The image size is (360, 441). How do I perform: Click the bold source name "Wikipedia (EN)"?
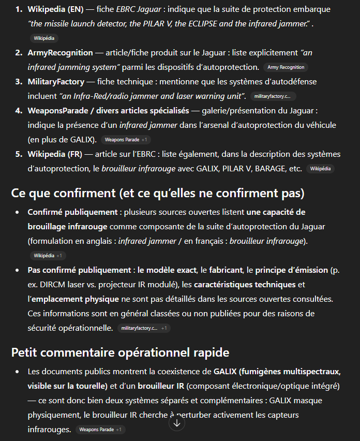point(55,9)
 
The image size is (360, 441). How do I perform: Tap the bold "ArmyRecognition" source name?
point(60,52)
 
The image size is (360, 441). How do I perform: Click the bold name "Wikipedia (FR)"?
point(54,154)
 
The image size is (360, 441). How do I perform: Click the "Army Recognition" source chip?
point(286,67)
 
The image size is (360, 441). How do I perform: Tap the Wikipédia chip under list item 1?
point(44,38)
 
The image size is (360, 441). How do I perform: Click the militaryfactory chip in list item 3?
point(273,96)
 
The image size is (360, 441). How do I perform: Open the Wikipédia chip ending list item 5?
point(320,169)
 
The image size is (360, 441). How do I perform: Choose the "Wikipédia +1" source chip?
point(48,256)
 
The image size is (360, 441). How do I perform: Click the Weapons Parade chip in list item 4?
point(126,140)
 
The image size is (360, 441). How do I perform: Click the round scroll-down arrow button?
point(177,423)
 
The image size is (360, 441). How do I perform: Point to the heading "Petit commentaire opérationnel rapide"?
point(120,352)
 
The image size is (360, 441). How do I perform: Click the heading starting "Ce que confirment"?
point(158,193)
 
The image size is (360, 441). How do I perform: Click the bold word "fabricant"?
point(231,270)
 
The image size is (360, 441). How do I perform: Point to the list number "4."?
point(19,110)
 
